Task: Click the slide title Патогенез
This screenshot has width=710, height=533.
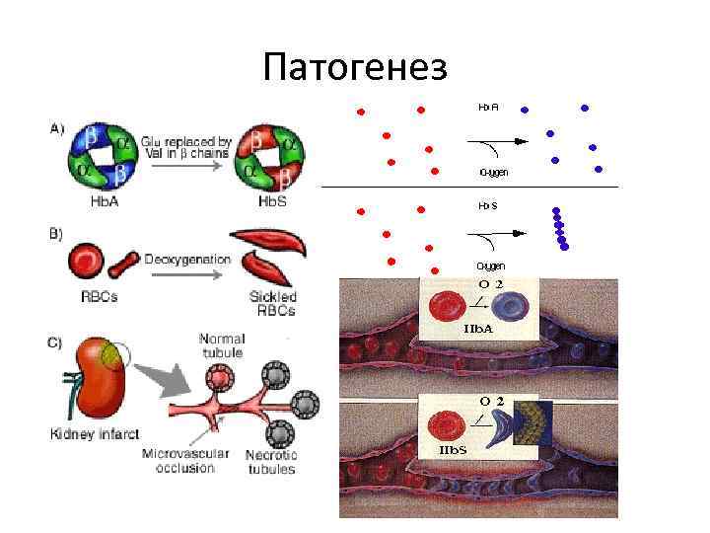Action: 355,66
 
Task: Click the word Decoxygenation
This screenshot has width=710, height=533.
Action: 187,260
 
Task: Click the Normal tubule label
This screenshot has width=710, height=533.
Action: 222,345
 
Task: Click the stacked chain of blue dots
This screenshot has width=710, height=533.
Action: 560,229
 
